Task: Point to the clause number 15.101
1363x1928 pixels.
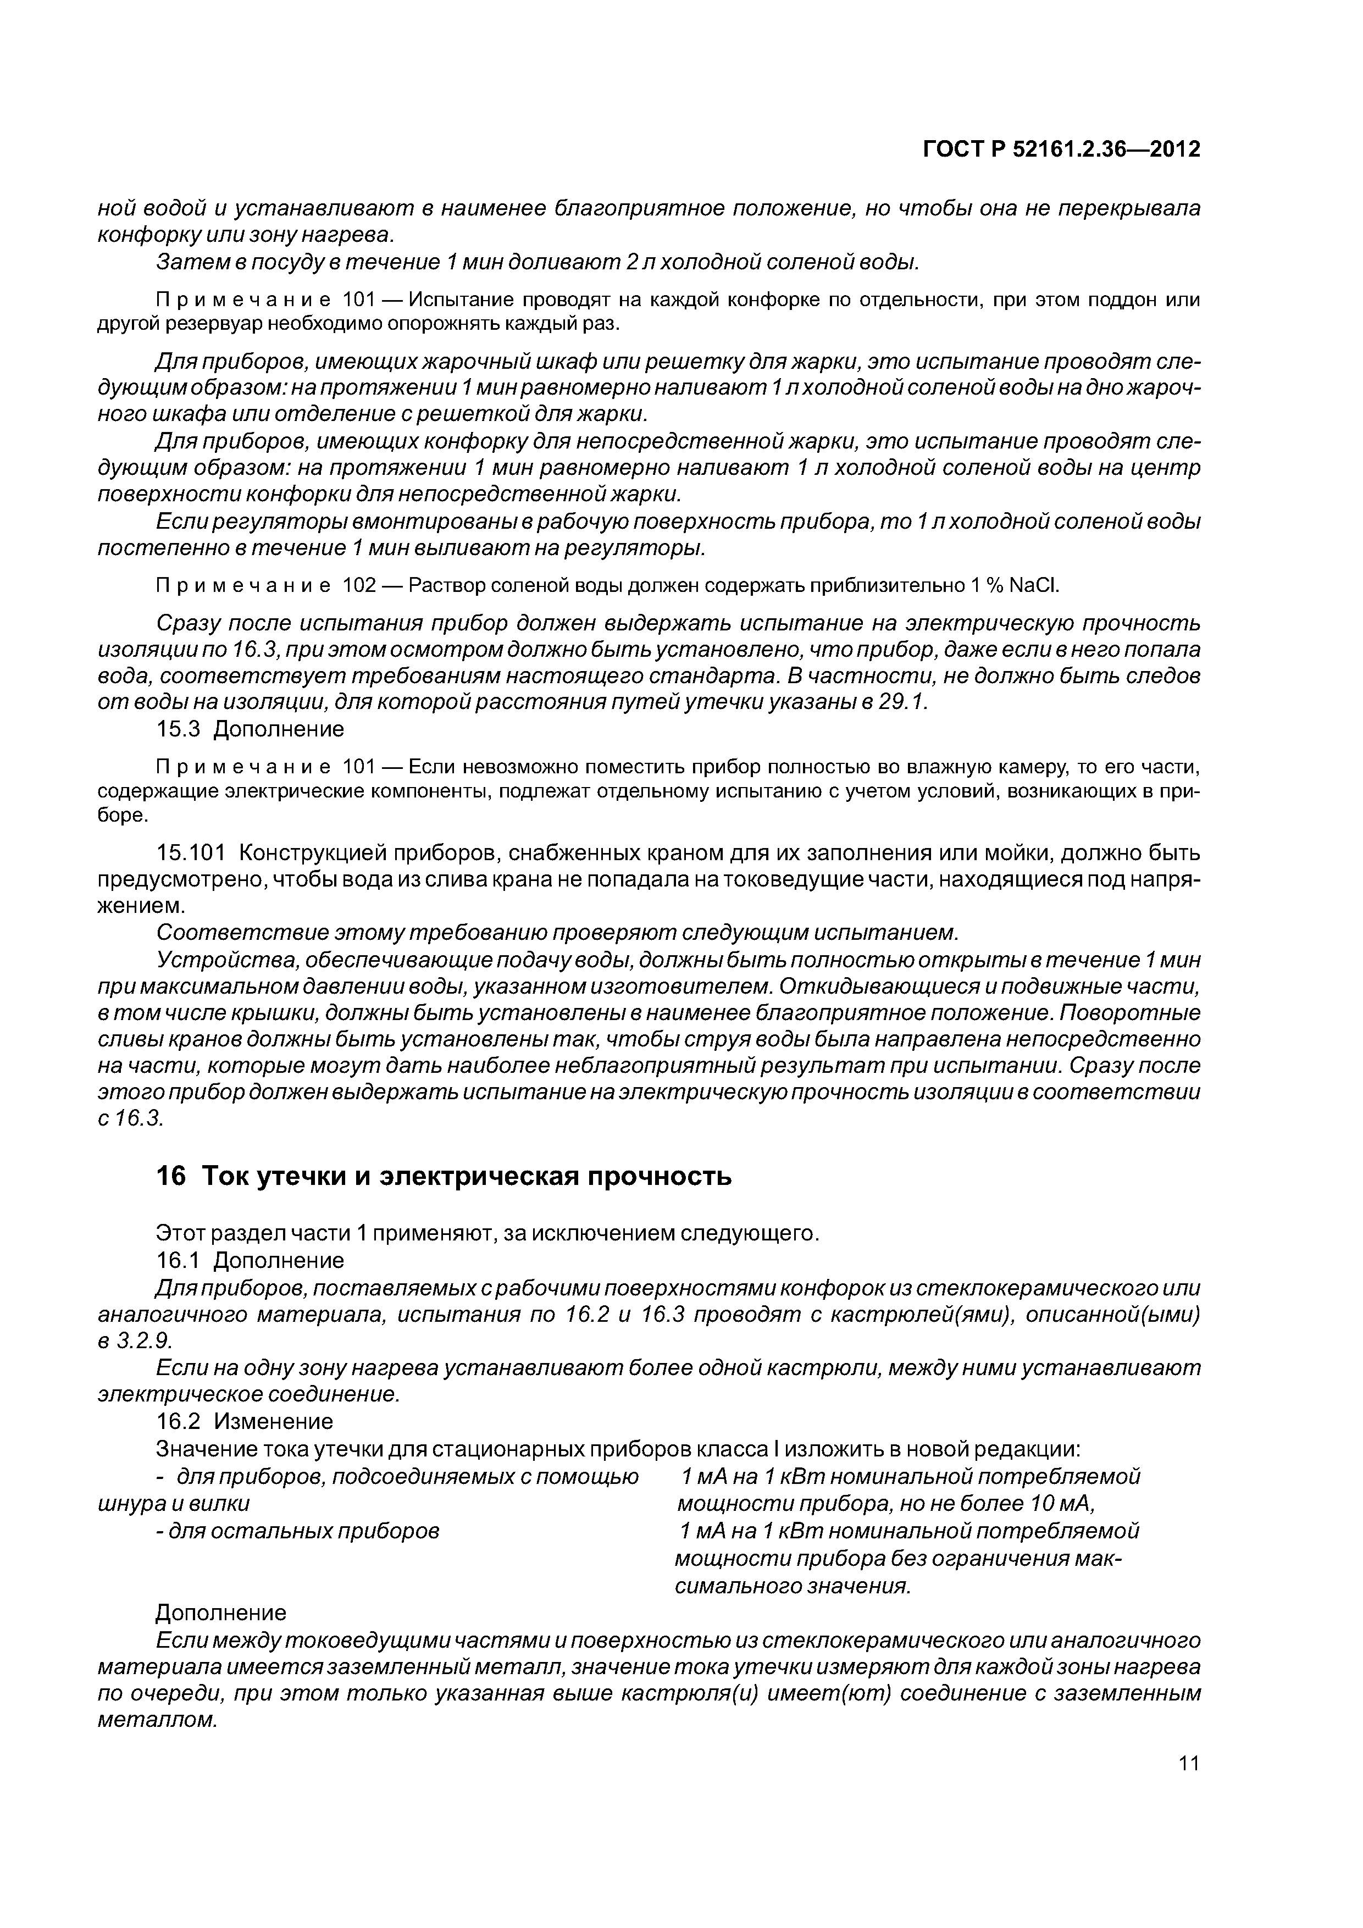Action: tap(191, 853)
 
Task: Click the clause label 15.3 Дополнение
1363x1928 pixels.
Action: tap(250, 729)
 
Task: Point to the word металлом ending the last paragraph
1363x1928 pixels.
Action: tap(157, 1720)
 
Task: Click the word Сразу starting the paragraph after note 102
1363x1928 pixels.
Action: tap(183, 623)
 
